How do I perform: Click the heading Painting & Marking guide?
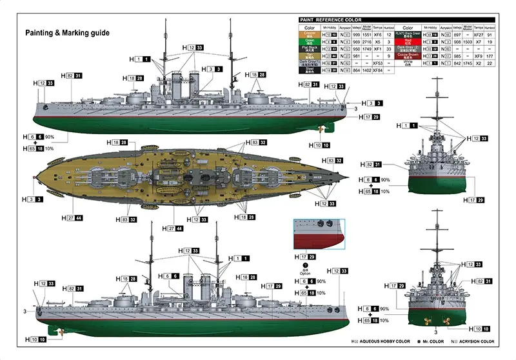coord(67,32)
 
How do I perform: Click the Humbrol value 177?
coord(490,56)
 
